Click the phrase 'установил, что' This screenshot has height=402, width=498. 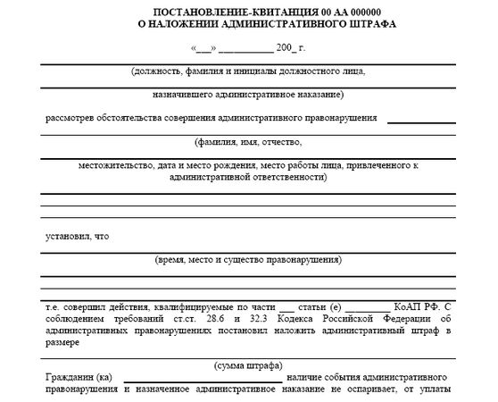[78, 236]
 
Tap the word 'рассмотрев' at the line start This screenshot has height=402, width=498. [70, 117]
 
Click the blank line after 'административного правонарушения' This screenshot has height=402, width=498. [421, 120]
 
